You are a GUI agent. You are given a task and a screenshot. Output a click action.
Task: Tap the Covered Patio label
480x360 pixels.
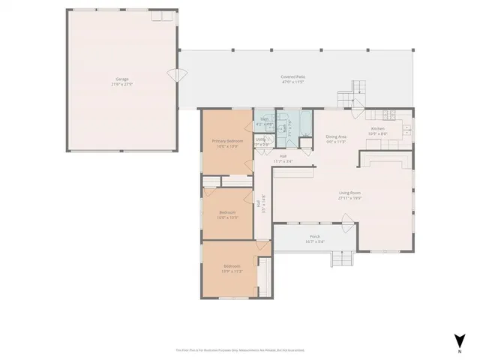pyautogui.click(x=292, y=77)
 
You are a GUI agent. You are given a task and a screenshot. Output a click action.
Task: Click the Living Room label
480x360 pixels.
pyautogui.click(x=349, y=193)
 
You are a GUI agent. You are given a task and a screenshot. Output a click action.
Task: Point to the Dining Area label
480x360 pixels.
pyautogui.click(x=335, y=136)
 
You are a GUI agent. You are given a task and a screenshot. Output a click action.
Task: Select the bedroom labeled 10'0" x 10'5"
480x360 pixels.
pyautogui.click(x=228, y=214)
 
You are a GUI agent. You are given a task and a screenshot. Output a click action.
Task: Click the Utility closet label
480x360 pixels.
pyautogui.click(x=260, y=139)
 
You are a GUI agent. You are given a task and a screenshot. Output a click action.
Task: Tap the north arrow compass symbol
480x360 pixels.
pyautogui.click(x=459, y=340)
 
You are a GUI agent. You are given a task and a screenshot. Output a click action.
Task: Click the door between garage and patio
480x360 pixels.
pyautogui.click(x=177, y=75)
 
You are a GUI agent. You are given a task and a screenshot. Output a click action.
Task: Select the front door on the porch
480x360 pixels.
pyautogui.click(x=346, y=220)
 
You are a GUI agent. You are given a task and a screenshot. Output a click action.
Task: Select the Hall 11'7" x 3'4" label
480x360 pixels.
pyautogui.click(x=282, y=160)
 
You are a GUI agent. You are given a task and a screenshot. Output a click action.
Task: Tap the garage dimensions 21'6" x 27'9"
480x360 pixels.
pyautogui.click(x=121, y=84)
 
